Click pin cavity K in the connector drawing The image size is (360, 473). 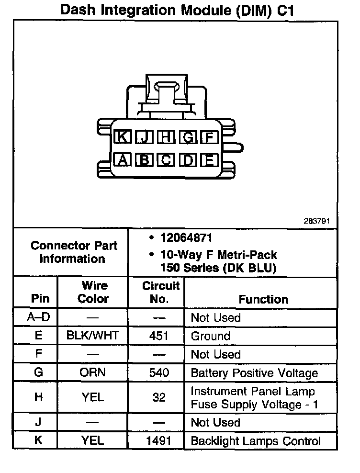click(x=123, y=137)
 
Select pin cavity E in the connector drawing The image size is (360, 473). click(x=210, y=159)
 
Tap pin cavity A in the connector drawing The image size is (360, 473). click(x=123, y=159)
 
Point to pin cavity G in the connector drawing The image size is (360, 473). click(x=188, y=137)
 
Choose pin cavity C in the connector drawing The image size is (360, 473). click(x=166, y=159)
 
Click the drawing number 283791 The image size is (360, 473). click(x=316, y=222)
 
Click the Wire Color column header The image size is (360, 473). click(x=93, y=292)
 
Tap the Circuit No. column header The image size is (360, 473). click(x=161, y=292)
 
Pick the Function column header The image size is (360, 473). click(x=263, y=299)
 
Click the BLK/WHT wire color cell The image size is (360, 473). click(x=93, y=336)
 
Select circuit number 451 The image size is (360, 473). click(x=159, y=336)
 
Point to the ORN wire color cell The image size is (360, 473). click(x=93, y=372)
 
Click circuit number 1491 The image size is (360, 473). click(x=159, y=440)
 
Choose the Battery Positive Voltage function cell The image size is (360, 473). click(x=254, y=372)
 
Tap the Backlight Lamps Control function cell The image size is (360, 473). click(x=256, y=440)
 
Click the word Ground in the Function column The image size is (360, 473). click(x=210, y=336)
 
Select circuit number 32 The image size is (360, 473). click(x=159, y=397)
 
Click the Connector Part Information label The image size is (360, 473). click(x=74, y=252)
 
